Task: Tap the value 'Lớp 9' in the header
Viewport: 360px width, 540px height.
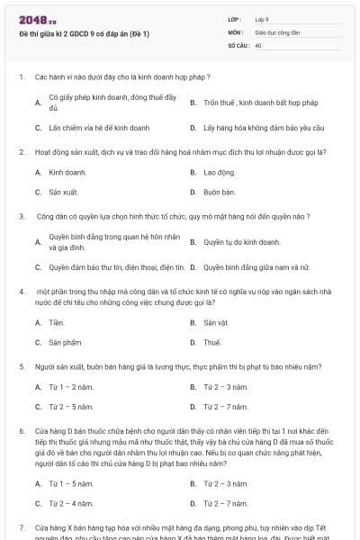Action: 262,19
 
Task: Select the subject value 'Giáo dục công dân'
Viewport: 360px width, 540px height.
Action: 276,31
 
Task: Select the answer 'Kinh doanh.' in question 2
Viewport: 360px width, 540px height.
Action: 67,171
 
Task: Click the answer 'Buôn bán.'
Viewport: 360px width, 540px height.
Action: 219,192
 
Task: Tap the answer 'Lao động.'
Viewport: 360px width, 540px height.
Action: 219,171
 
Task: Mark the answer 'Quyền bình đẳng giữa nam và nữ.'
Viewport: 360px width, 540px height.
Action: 256,267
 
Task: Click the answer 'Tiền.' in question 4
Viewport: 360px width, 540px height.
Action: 57,322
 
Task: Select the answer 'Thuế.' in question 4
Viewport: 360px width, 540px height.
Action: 212,343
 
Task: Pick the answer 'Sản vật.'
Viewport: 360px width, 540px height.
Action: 216,322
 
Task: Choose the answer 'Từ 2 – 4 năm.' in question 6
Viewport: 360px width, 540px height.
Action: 71,503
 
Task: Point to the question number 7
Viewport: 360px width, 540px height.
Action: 22,526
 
